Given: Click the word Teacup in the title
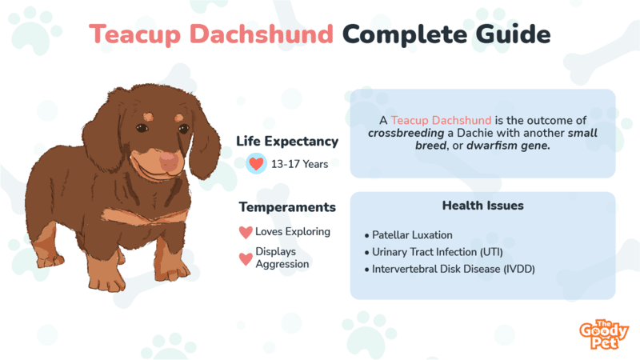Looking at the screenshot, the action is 134,34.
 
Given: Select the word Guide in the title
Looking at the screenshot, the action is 513,34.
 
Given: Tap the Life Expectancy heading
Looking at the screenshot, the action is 287,142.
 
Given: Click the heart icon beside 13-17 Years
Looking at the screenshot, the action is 256,164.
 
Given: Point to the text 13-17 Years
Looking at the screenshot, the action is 299,164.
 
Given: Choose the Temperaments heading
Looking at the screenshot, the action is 287,207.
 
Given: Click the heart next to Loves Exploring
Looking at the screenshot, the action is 246,232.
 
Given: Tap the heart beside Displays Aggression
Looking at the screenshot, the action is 246,258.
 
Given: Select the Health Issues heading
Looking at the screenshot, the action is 483,206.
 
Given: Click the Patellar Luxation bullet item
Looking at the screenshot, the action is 409,235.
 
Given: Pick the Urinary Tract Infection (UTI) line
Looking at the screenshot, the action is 434,252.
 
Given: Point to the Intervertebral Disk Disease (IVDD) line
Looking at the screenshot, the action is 450,270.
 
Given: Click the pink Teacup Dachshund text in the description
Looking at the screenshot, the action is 442,121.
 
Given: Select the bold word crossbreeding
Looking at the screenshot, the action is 406,133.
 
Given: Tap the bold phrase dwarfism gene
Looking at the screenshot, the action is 508,146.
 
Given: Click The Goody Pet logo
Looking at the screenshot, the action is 604,334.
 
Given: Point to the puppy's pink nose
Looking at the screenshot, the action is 169,161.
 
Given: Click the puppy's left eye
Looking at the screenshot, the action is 142,128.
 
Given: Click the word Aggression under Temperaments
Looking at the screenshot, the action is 282,265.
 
